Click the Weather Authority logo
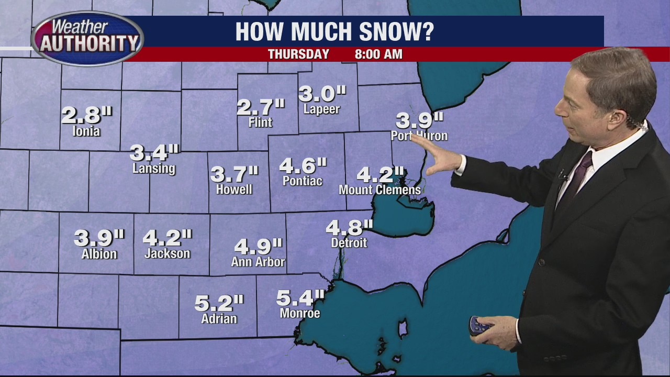click(x=87, y=38)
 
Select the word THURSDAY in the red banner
click(x=298, y=54)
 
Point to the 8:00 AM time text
click(x=378, y=54)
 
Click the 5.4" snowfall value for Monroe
click(x=300, y=298)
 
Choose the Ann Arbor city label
click(x=258, y=262)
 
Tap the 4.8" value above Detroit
click(x=349, y=228)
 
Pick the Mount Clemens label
click(x=379, y=190)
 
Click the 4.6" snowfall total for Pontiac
click(x=303, y=166)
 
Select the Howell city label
click(x=234, y=190)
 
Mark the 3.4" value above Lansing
click(x=154, y=153)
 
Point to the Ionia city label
click(x=86, y=131)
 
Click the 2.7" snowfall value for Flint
click(x=260, y=107)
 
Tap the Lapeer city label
click(x=321, y=109)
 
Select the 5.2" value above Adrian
click(x=219, y=303)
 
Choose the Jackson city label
click(x=167, y=253)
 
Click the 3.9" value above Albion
click(x=99, y=238)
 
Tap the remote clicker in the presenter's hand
click(x=479, y=326)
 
